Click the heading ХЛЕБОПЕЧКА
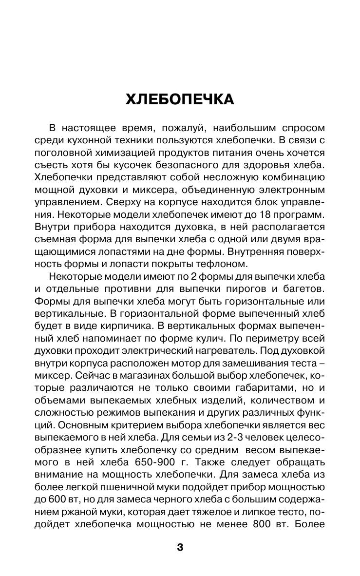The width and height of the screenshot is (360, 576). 180,99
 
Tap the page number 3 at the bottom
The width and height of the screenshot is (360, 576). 180,548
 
